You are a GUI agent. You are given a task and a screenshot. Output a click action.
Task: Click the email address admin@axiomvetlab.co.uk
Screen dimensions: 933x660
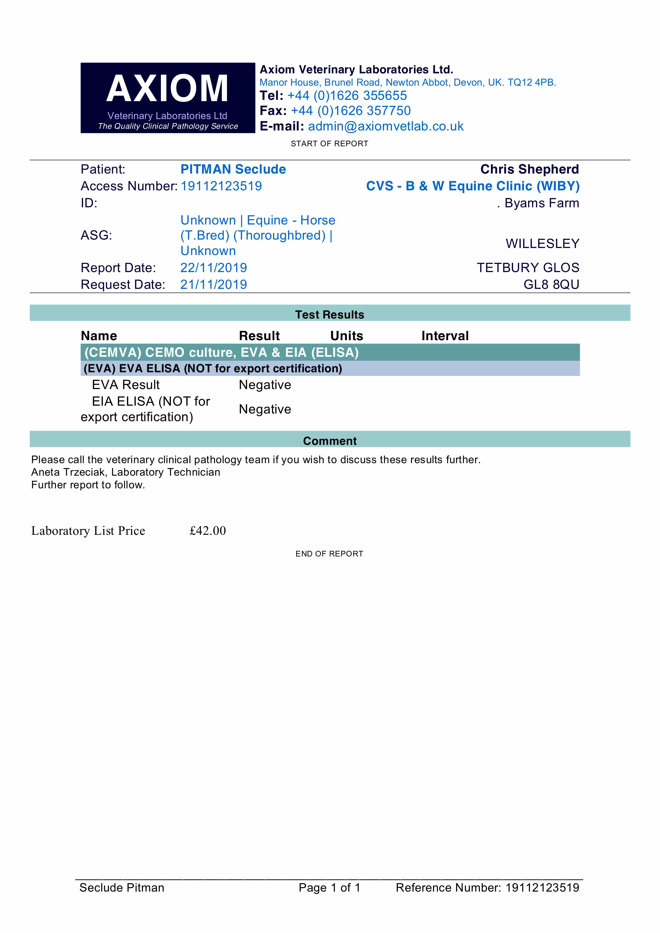pos(386,126)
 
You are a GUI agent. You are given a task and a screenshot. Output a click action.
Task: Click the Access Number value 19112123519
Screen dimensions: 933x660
pos(221,186)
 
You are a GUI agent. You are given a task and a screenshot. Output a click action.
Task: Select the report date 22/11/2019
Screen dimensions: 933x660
pos(213,268)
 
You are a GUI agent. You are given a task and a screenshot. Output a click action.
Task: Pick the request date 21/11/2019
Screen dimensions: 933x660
pos(213,284)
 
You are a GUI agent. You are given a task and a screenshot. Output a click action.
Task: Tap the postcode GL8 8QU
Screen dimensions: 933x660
pos(551,284)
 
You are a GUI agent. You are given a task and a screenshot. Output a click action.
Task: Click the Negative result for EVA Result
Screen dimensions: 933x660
pos(265,385)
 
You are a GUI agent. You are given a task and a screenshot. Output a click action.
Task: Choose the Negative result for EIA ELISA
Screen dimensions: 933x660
pos(265,409)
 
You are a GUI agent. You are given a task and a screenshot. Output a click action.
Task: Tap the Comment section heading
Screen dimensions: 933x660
pos(330,441)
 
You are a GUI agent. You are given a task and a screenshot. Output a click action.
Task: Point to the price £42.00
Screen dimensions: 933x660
pos(207,531)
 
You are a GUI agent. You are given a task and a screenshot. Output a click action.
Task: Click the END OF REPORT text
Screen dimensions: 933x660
pos(329,554)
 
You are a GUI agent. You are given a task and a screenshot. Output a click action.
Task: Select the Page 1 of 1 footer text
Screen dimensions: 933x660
pos(329,887)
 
